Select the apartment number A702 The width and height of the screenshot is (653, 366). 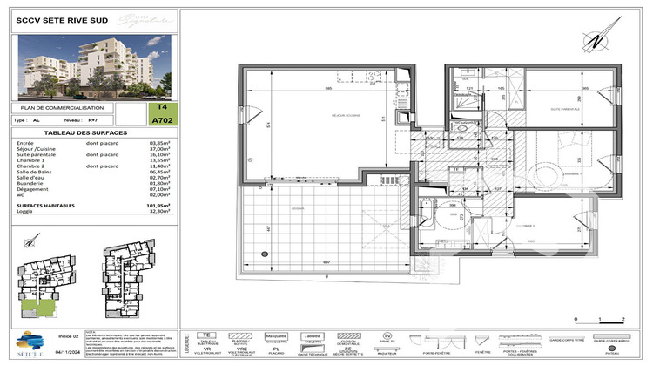(160, 122)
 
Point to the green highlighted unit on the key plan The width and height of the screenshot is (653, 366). (36, 307)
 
